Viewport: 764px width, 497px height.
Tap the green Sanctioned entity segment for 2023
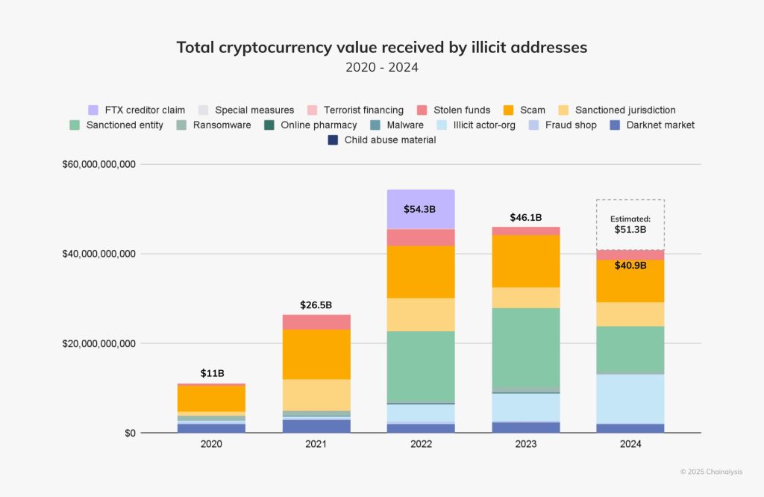(525, 347)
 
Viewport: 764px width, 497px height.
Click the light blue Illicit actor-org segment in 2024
(630, 398)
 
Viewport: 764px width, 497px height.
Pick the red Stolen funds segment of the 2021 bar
(316, 322)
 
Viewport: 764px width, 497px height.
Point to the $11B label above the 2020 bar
(212, 373)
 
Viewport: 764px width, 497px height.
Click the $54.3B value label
(421, 210)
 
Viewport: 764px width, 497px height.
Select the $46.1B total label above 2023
(525, 217)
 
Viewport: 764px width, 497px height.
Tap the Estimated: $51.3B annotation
(630, 224)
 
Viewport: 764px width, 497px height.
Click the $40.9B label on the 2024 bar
(630, 265)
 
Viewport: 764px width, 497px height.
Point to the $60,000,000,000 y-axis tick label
(98, 164)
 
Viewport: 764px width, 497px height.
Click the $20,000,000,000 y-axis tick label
(98, 343)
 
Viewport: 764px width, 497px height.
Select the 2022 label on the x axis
(421, 443)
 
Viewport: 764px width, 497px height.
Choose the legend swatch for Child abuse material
(334, 140)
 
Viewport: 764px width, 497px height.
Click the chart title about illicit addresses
(381, 47)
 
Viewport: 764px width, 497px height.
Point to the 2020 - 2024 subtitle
(381, 67)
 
